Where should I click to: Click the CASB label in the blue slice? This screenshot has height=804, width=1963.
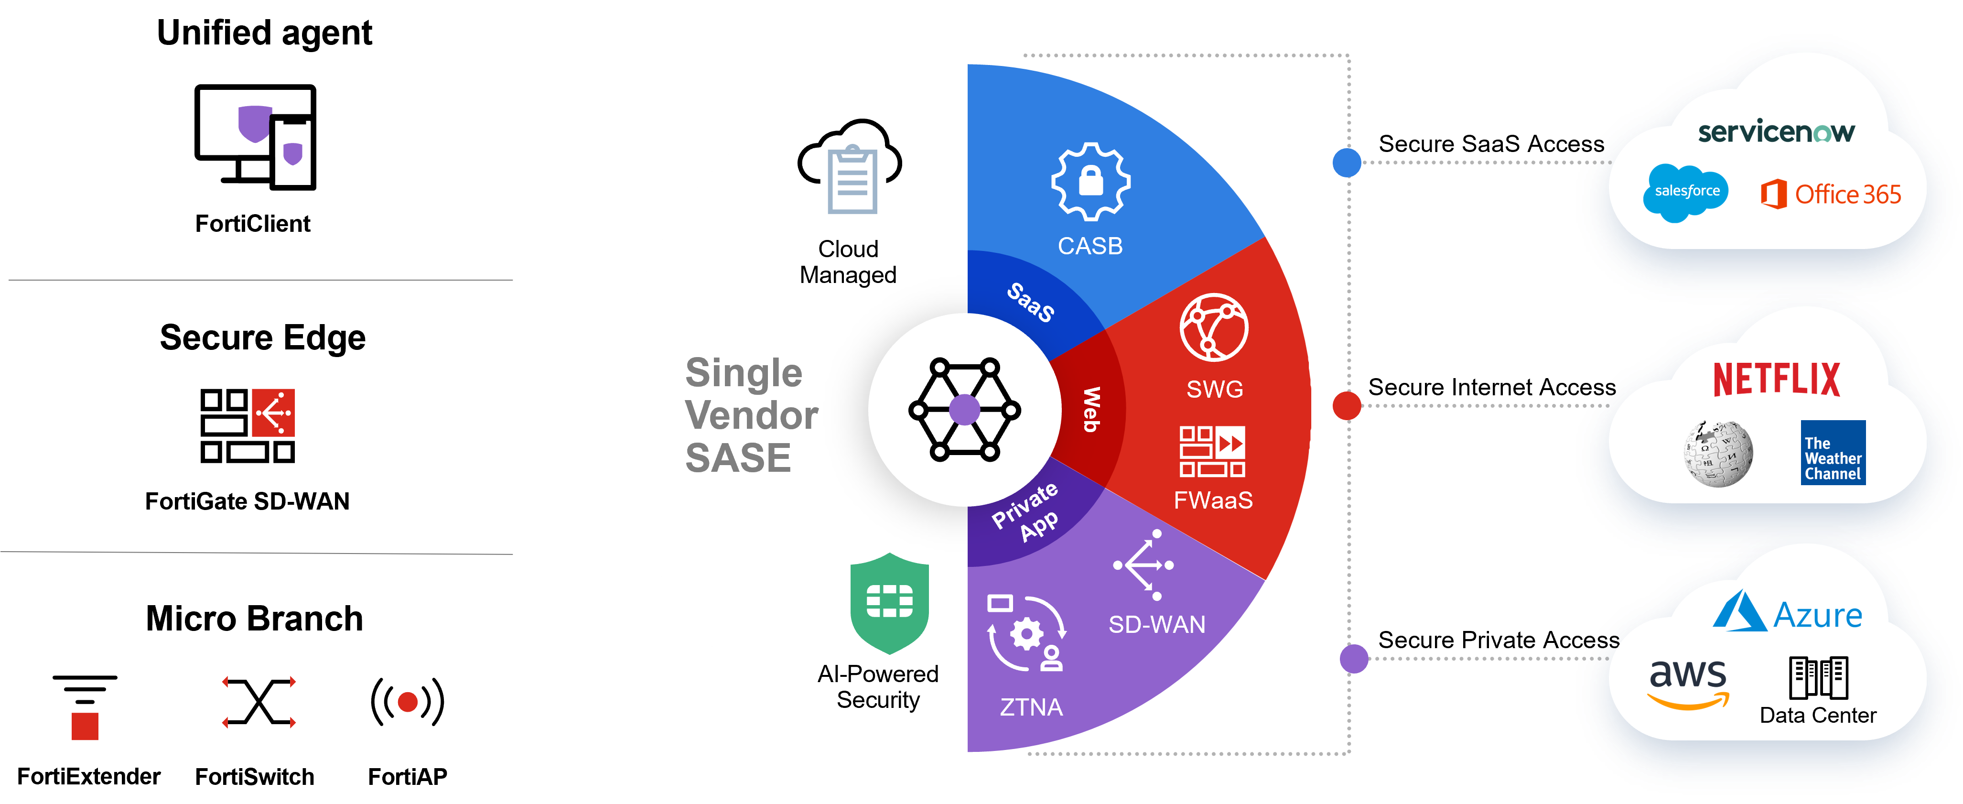click(1089, 246)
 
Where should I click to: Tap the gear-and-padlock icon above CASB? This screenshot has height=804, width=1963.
click(1090, 181)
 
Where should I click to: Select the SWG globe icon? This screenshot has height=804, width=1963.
click(1214, 328)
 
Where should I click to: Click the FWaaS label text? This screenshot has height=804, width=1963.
click(1213, 500)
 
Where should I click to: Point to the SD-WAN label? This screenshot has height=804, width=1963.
click(1157, 624)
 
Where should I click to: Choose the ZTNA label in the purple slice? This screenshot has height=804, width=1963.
click(1031, 707)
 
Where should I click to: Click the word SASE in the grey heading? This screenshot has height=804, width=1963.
click(738, 458)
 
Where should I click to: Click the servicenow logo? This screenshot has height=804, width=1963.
click(1776, 132)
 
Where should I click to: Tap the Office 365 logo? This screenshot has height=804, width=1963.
click(1831, 195)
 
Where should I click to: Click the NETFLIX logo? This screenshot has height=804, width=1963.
click(1776, 380)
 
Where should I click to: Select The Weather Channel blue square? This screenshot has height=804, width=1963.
click(1833, 453)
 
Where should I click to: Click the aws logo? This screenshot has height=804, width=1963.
click(1688, 681)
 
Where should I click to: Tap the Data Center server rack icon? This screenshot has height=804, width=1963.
click(1818, 677)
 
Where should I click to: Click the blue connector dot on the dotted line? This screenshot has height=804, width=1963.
click(1347, 163)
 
